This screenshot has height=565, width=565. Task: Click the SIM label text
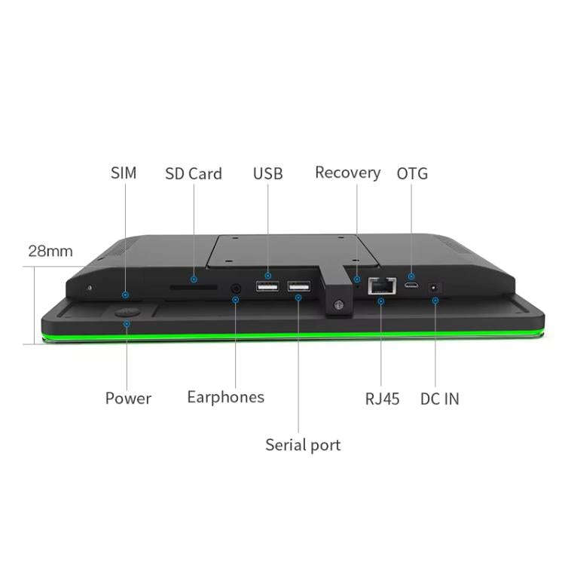click(x=124, y=173)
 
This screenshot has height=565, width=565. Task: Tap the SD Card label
click(x=194, y=174)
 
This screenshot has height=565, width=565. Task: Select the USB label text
click(x=267, y=174)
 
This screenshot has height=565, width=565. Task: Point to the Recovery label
click(x=348, y=173)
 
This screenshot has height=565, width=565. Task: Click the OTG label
click(x=412, y=174)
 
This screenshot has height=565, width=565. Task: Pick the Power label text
click(x=128, y=399)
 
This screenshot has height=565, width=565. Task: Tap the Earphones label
click(x=226, y=398)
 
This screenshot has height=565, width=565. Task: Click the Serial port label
click(x=303, y=445)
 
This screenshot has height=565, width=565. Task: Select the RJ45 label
click(x=382, y=399)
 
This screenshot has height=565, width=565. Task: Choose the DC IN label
click(x=440, y=399)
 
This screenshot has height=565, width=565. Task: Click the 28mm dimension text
click(x=50, y=251)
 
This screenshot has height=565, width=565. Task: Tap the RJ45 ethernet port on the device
click(x=382, y=286)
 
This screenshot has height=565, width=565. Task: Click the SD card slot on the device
click(x=194, y=287)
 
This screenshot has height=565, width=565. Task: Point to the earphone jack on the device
click(x=236, y=289)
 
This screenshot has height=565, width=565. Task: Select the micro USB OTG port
click(x=411, y=286)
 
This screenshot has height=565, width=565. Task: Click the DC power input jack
click(x=435, y=289)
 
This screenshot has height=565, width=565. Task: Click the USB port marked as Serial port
click(x=299, y=286)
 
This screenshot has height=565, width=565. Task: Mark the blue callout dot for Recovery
click(x=357, y=279)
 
